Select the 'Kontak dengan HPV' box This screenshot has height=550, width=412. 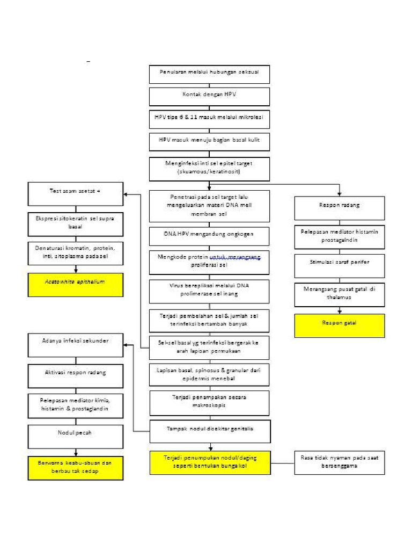click(209, 96)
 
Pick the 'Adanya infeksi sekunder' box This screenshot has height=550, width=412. click(76, 344)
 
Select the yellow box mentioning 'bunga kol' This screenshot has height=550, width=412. click(209, 462)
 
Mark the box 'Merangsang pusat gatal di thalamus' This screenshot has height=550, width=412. click(339, 294)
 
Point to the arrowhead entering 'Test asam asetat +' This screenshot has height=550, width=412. click(126, 194)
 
